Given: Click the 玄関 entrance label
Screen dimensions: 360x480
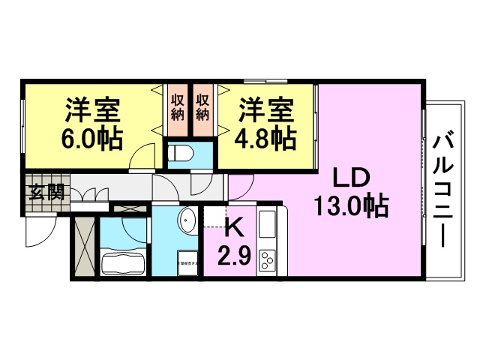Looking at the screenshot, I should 46,191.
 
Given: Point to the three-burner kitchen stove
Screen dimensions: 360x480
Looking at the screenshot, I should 268,261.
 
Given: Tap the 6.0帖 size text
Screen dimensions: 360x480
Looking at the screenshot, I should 91,140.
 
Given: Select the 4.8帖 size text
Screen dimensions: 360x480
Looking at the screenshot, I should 267,139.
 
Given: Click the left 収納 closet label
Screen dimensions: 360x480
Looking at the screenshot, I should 178,106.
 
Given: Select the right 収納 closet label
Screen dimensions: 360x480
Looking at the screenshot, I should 203,106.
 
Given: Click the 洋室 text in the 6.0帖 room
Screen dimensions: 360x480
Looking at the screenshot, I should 91,111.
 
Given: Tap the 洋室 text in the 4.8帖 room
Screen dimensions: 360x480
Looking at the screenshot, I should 265,111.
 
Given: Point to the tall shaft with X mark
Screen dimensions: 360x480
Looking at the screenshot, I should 83,246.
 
